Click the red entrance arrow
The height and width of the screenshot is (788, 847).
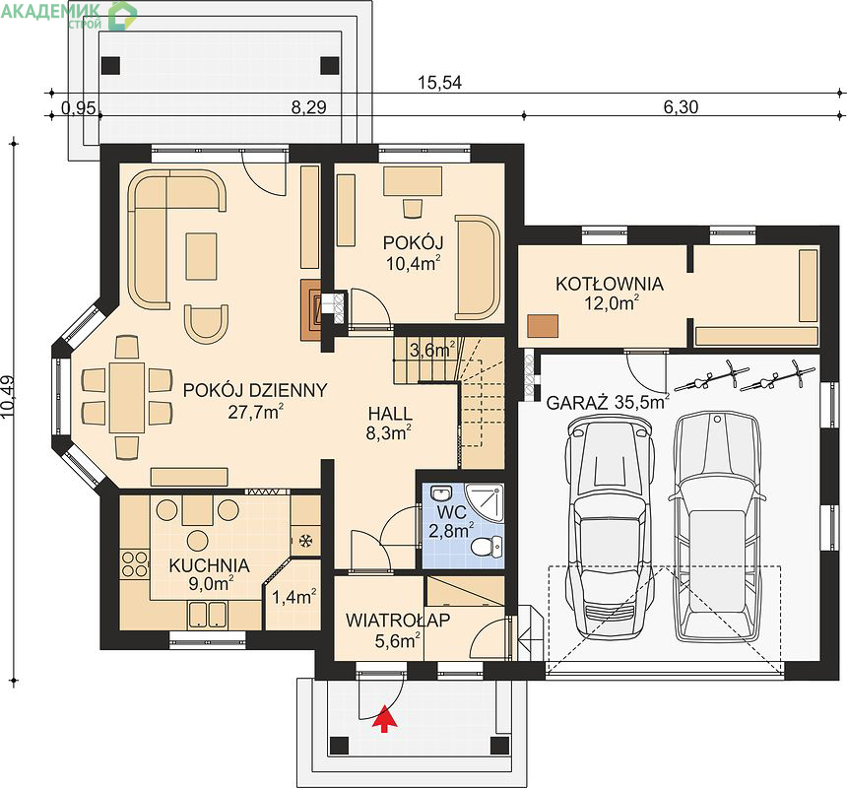[x=384, y=718]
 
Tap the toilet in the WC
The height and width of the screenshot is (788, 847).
[x=487, y=547]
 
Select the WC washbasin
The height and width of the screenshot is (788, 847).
[x=442, y=492]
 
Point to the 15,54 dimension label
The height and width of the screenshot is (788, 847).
[x=439, y=83]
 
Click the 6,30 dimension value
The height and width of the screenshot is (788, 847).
[x=681, y=107]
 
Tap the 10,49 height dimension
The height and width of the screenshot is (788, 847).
[x=9, y=397]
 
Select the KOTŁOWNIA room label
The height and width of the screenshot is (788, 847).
[x=610, y=284]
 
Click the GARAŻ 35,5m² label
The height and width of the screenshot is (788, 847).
[x=608, y=403]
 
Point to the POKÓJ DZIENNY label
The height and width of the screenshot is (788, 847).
[x=255, y=390]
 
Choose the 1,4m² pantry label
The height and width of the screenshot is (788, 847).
[x=293, y=597]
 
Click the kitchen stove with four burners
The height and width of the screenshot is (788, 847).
[x=134, y=563]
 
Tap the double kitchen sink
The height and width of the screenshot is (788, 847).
[x=208, y=615]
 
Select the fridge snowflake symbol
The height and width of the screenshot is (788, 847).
[x=305, y=541]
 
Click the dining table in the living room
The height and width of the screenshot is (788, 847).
[x=127, y=398]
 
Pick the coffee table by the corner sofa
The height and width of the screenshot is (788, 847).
[x=202, y=256]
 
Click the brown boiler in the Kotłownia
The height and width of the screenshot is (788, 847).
[x=543, y=326]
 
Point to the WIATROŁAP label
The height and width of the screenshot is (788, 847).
[x=398, y=620]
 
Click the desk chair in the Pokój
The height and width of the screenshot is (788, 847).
[x=412, y=208]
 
